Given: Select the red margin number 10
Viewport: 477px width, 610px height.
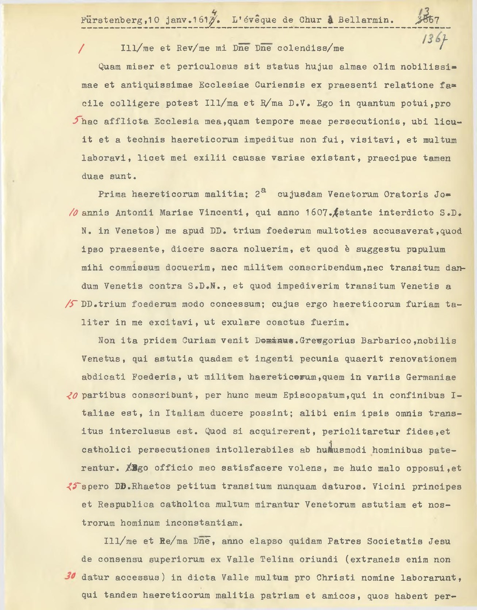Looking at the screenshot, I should point(73,213).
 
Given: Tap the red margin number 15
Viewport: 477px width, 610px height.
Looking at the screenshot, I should point(72,304).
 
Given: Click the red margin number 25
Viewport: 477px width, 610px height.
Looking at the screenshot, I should point(73,486).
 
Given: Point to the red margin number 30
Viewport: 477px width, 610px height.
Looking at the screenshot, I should point(70,576).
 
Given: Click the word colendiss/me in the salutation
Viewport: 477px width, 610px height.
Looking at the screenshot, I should point(311,48).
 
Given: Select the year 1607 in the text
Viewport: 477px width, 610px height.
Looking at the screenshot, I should point(316,213).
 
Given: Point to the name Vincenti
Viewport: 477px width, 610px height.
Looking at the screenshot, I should point(224,213).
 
